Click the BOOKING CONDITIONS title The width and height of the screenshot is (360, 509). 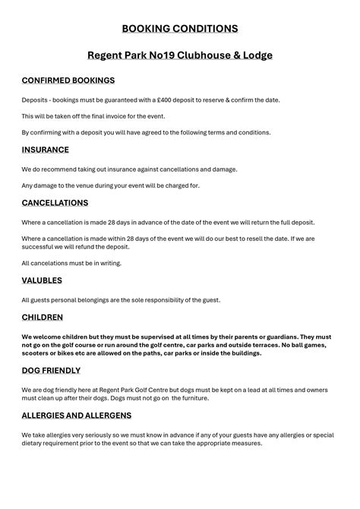point(180,29)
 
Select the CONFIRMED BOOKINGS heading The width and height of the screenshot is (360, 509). point(68,80)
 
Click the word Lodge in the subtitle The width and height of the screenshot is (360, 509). point(255,55)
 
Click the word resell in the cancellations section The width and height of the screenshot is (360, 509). point(241,238)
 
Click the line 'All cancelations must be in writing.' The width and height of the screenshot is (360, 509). point(71,263)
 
